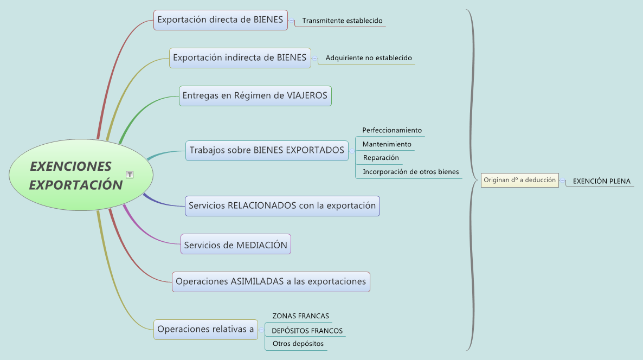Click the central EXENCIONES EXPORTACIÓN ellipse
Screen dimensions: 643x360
81,175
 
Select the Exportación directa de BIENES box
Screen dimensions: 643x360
221,20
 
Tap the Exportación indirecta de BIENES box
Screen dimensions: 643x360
240,58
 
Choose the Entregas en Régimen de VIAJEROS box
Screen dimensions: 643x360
255,96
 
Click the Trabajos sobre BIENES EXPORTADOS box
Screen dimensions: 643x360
267,151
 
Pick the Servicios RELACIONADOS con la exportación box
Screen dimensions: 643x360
282,206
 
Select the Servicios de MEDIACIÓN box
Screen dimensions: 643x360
236,244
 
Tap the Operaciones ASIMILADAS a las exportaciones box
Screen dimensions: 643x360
271,282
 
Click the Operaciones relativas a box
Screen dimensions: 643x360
205,330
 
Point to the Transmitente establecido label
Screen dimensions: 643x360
343,21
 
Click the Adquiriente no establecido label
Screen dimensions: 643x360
369,58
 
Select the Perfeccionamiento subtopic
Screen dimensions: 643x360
392,130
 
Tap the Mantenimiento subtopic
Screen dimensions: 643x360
387,144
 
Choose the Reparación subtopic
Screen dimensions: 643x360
381,157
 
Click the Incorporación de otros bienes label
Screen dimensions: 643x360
411,172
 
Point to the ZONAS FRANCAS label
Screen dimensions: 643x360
300,316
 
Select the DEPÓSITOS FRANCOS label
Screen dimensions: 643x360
307,331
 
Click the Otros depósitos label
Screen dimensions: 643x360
298,344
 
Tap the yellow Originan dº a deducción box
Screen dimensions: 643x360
519,180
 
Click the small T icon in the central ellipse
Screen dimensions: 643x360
130,175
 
